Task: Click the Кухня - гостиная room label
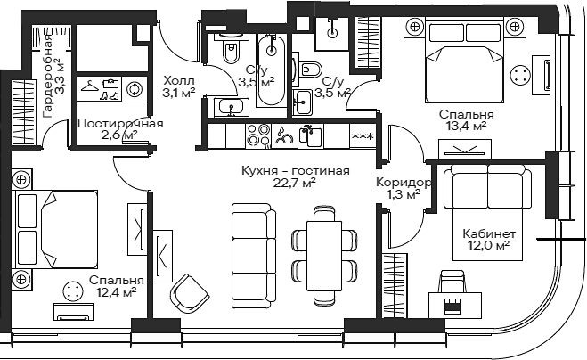[296, 171]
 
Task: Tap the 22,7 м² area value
[296, 184]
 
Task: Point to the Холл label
[179, 80]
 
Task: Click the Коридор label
[404, 183]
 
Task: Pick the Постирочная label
[120, 124]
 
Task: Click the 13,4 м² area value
[467, 127]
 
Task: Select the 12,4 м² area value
[116, 292]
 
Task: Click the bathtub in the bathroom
[272, 70]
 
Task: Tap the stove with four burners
[258, 135]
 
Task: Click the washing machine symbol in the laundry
[134, 90]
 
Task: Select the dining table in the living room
[324, 256]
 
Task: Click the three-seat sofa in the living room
[254, 256]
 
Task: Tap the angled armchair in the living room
[190, 293]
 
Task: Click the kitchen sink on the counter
[311, 136]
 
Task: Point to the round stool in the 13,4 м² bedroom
[520, 76]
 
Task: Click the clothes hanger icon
[89, 86]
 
